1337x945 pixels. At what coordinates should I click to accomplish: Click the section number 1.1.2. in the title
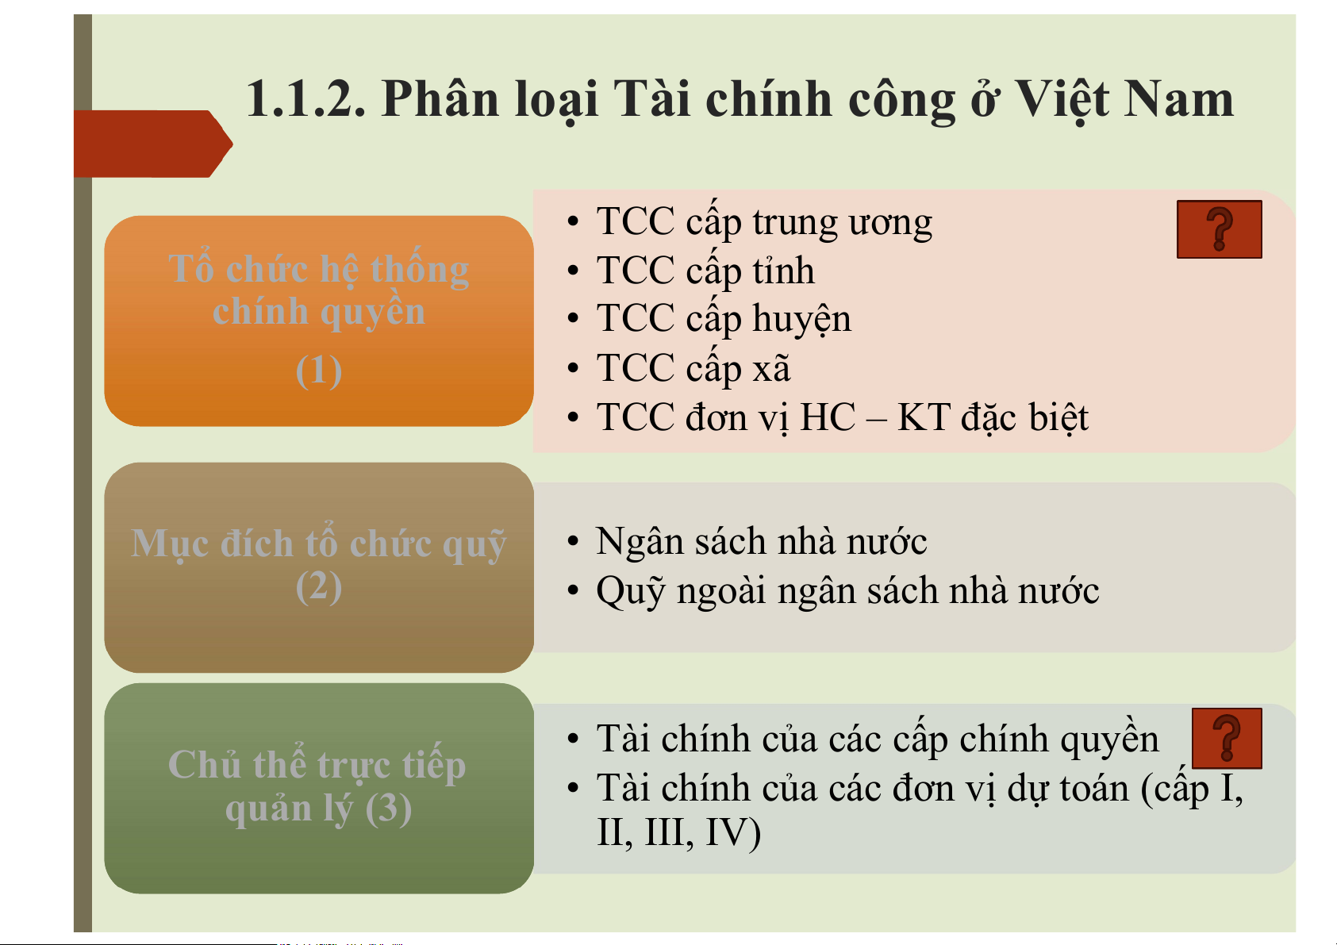click(305, 98)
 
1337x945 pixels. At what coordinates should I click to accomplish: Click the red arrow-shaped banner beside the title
click(153, 144)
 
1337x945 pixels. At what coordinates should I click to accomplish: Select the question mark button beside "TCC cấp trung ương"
click(1219, 229)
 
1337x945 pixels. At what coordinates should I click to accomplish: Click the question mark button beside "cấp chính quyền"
click(1227, 739)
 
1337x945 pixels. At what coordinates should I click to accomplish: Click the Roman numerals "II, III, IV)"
click(679, 832)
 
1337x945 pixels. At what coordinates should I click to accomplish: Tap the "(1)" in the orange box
click(319, 371)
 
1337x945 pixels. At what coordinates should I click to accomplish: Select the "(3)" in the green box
click(388, 809)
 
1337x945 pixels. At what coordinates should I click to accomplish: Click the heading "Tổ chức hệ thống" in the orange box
click(319, 269)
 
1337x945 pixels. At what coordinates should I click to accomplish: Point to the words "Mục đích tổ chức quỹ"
click(319, 544)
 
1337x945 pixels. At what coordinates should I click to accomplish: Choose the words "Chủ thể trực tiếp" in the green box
click(317, 765)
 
